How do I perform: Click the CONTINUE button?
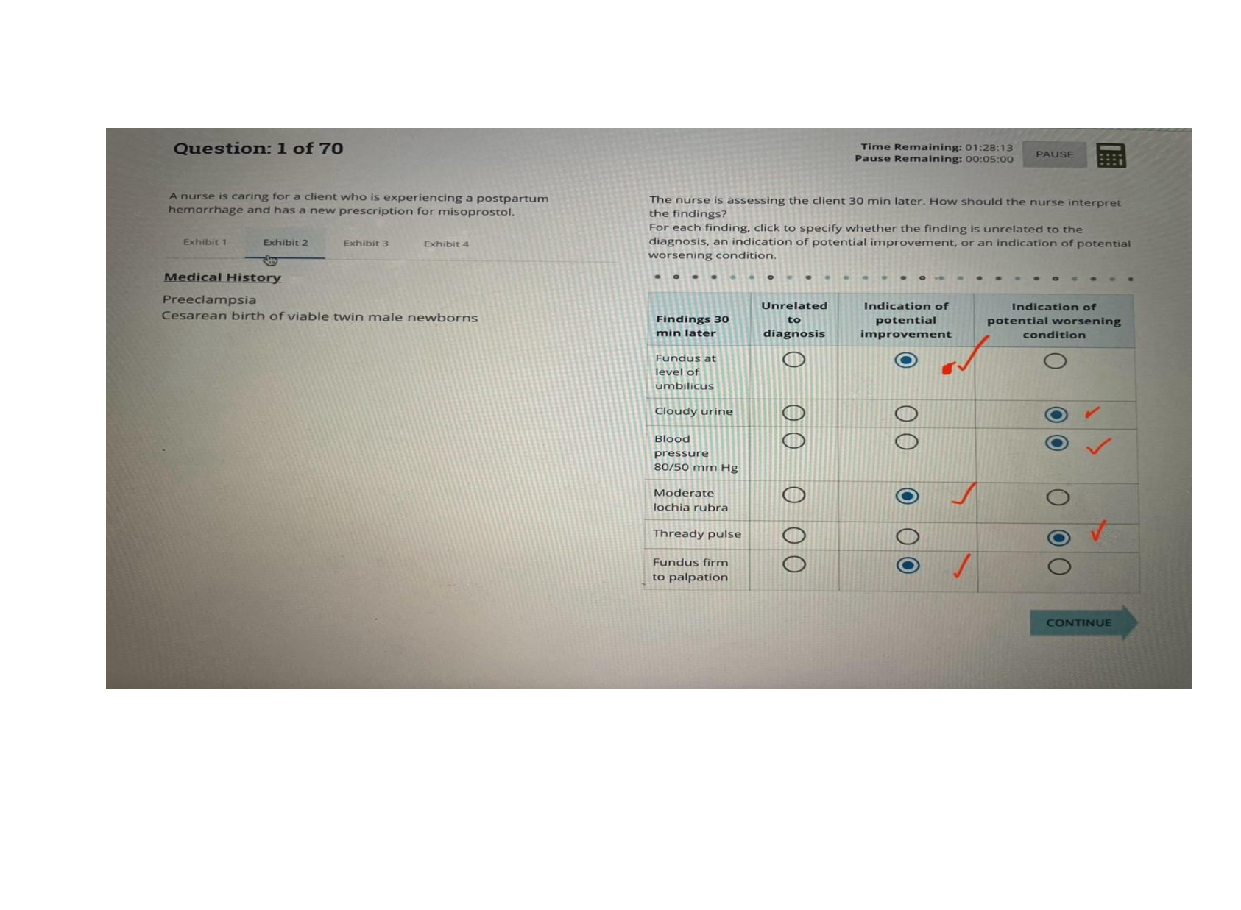tap(1079, 623)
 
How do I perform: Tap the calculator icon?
tap(1111, 155)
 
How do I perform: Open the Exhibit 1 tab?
tap(205, 242)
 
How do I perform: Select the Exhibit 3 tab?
tap(366, 243)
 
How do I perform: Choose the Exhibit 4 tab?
tap(446, 244)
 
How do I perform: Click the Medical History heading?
tap(222, 277)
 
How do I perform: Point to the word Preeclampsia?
tap(209, 299)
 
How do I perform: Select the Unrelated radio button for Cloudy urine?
tap(793, 413)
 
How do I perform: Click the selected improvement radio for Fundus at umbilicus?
tap(906, 360)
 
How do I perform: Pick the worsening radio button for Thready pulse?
tap(1058, 538)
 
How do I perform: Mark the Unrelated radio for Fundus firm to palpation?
tap(794, 564)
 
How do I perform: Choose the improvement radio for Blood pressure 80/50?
tap(907, 441)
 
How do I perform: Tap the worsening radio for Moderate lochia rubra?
tap(1058, 497)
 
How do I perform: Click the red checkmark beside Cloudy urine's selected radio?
tap(1092, 413)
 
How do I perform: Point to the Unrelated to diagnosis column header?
tap(793, 319)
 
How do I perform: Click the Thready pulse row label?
tap(696, 534)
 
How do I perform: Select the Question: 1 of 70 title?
tap(258, 149)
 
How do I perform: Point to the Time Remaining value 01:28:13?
tap(989, 147)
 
